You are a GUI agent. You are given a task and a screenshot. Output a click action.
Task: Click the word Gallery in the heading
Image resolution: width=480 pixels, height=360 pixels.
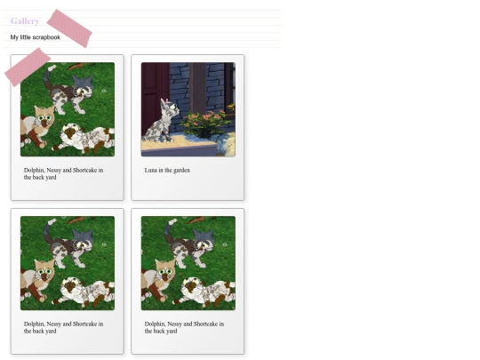25,21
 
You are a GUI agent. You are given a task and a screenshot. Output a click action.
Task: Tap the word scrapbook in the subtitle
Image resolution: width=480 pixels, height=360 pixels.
46,37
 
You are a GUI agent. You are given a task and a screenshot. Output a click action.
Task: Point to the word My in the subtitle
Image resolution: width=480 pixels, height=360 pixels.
14,37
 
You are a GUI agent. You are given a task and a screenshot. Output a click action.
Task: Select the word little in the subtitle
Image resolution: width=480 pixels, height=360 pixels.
26,37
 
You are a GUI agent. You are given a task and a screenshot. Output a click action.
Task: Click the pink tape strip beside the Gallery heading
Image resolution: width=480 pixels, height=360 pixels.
69,28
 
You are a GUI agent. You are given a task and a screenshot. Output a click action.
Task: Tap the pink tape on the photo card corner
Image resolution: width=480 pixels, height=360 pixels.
28,67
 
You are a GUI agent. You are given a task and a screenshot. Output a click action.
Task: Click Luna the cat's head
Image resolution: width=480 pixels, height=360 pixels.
168,108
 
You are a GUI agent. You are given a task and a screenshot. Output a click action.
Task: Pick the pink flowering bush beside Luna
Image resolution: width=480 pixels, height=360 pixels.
206,124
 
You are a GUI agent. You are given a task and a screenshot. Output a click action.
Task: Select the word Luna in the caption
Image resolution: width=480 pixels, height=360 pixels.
150,170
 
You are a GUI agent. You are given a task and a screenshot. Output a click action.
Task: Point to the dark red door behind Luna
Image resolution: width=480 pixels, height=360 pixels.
155,98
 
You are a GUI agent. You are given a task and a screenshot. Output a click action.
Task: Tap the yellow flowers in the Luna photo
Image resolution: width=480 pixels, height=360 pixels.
231,108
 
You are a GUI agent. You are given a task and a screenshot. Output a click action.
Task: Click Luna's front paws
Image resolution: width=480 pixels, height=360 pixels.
168,140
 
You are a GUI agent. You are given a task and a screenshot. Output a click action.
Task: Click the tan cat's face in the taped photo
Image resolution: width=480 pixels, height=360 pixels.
45,118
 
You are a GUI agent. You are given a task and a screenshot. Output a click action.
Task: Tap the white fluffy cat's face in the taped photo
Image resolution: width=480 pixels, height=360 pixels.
71,132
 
